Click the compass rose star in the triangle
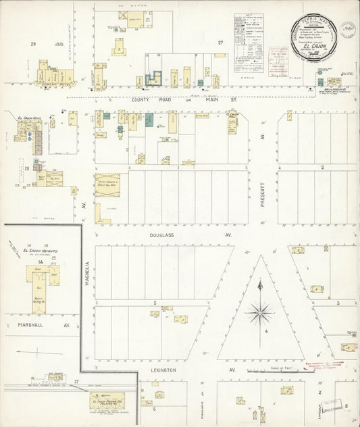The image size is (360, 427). tap(260, 313)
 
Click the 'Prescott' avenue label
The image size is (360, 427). tap(262, 191)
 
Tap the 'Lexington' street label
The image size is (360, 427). tap(163, 370)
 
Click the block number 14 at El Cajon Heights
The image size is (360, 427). tap(41, 261)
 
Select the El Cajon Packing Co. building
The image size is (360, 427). tap(107, 403)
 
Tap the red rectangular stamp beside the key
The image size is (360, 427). tap(278, 55)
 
